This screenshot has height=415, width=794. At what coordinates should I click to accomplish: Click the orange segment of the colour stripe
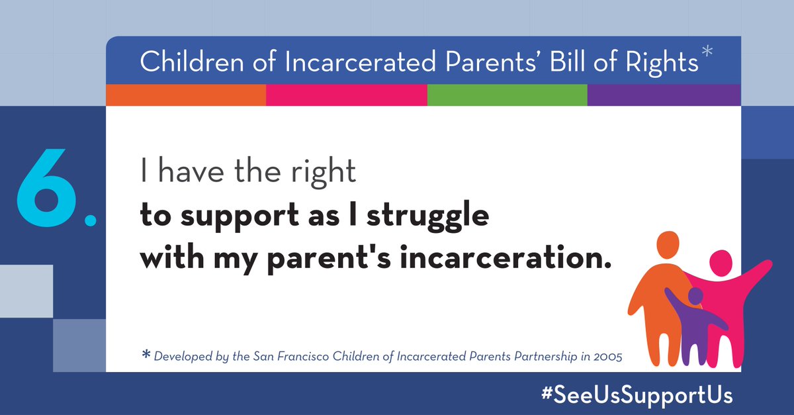click(x=186, y=95)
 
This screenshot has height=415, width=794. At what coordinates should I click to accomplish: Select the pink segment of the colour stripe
click(x=346, y=95)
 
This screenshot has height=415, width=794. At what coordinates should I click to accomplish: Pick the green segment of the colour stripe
click(x=507, y=95)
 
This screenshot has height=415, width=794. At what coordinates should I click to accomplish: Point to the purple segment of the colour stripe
click(x=664, y=95)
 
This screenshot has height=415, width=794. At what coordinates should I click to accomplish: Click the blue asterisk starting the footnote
click(x=146, y=355)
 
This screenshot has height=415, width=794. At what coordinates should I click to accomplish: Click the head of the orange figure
click(x=669, y=246)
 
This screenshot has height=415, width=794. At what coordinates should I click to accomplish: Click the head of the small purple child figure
click(x=695, y=296)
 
